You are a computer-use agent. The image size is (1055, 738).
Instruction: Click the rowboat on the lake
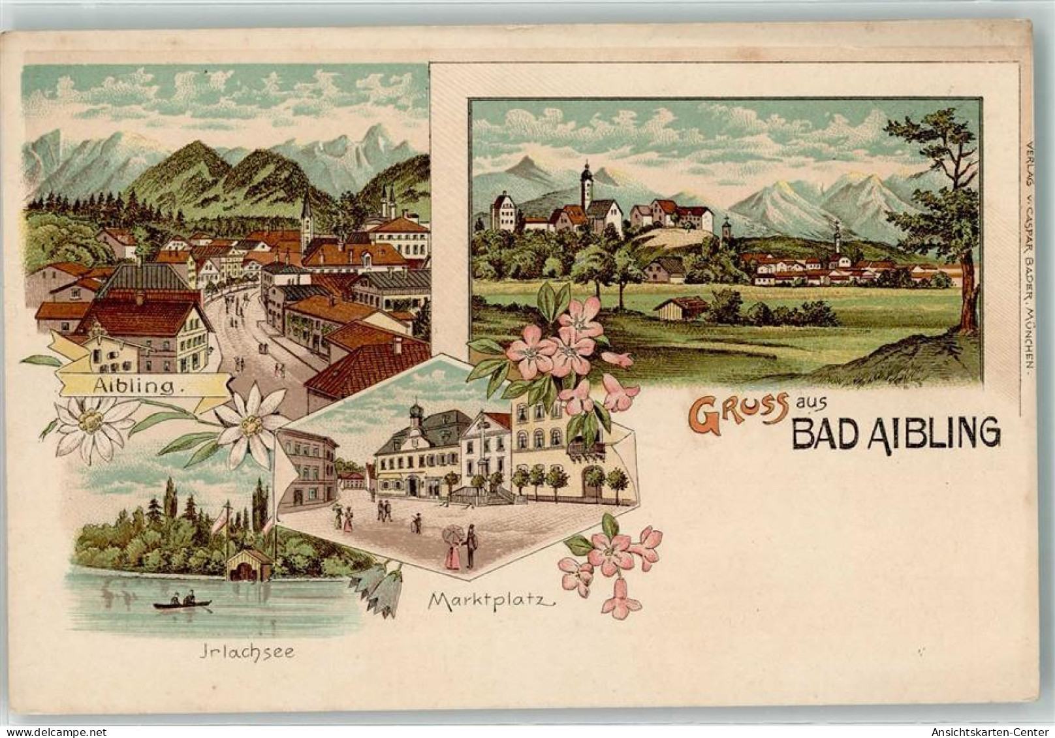[x=183, y=604]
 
